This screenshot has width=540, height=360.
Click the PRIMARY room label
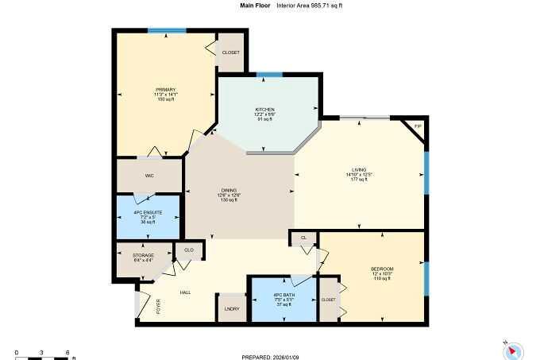pos(165,90)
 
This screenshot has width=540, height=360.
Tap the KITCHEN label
pos(264,109)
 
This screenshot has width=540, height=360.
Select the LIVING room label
pos(359,170)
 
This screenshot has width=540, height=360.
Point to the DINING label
pos(229,190)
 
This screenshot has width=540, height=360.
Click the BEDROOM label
pos(382,269)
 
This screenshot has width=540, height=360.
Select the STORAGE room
pos(143,255)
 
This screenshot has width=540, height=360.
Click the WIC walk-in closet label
pos(148,176)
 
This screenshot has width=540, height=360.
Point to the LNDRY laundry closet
pos(233,308)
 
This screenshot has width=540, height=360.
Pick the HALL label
pos(185,292)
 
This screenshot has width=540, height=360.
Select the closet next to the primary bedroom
pos(230,52)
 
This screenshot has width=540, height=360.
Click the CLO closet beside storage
pos(189,250)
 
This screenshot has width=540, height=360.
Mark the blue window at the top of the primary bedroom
pos(167,31)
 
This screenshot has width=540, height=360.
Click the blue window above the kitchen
pos(269,75)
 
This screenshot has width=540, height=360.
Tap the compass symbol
pos(513,348)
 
